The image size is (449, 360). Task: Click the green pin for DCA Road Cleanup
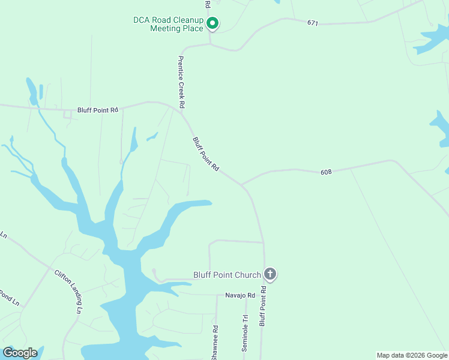(212, 23)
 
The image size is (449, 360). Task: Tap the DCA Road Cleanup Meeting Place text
(168, 24)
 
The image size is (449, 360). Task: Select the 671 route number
(312, 23)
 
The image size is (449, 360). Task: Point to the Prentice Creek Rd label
(180, 82)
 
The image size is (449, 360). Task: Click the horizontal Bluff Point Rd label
(98, 110)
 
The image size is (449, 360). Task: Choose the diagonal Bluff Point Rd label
(206, 155)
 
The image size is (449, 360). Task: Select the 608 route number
(327, 172)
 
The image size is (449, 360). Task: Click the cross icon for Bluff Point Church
(270, 275)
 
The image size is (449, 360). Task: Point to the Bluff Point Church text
(227, 275)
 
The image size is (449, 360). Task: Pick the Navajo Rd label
(240, 295)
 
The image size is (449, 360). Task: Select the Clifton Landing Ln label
(68, 292)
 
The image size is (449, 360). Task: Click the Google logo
(20, 352)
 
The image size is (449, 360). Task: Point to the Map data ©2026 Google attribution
(412, 355)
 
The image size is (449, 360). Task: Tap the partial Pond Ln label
(7, 298)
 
